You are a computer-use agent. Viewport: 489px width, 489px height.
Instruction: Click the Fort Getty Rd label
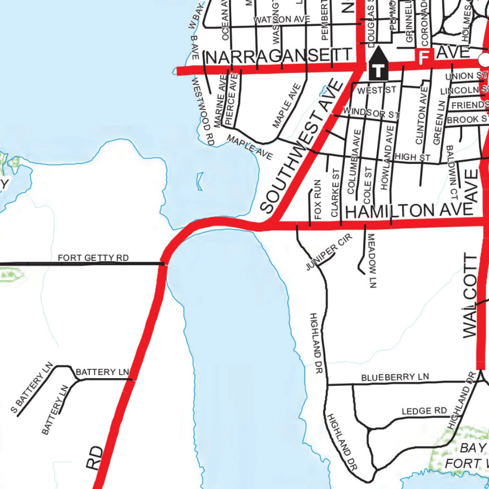[93, 258]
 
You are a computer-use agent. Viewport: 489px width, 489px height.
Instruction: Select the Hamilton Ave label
[409, 211]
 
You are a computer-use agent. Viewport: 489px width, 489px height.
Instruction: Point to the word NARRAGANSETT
[280, 57]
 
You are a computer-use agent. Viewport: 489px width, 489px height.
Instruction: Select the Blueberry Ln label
[395, 377]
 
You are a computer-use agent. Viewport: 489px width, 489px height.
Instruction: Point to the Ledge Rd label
[424, 411]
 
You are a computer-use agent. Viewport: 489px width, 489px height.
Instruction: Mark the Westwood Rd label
[202, 111]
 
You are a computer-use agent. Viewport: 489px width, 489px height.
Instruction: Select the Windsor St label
[371, 113]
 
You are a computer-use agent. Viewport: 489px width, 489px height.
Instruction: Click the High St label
[413, 157]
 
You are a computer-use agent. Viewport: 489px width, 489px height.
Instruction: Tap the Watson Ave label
[282, 20]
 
